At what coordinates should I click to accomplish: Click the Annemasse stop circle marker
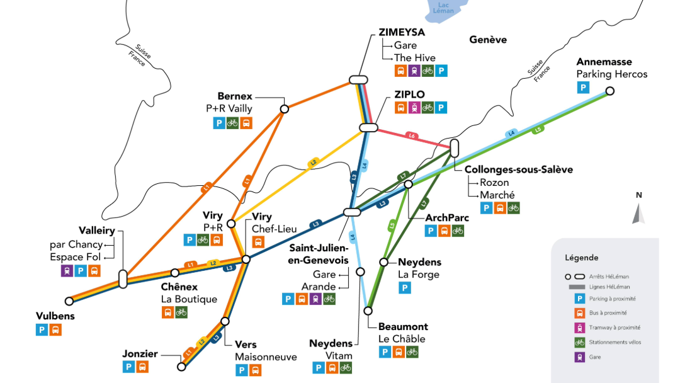(609, 91)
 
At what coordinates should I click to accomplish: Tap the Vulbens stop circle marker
(69, 301)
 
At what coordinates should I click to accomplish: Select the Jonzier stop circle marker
(181, 366)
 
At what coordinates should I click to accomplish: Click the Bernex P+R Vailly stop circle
(284, 109)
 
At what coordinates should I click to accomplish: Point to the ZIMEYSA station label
(402, 32)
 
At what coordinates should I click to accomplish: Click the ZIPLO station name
(409, 94)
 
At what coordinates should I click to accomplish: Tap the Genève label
(488, 40)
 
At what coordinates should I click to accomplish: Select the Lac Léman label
(443, 8)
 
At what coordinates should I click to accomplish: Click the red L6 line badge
(412, 135)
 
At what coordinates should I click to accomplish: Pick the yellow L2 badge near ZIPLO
(313, 163)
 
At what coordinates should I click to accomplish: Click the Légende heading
(582, 258)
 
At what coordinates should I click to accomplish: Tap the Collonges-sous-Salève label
(518, 169)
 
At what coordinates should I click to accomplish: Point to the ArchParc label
(448, 218)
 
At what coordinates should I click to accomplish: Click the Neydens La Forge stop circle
(383, 261)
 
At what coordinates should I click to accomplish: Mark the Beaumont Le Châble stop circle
(368, 310)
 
